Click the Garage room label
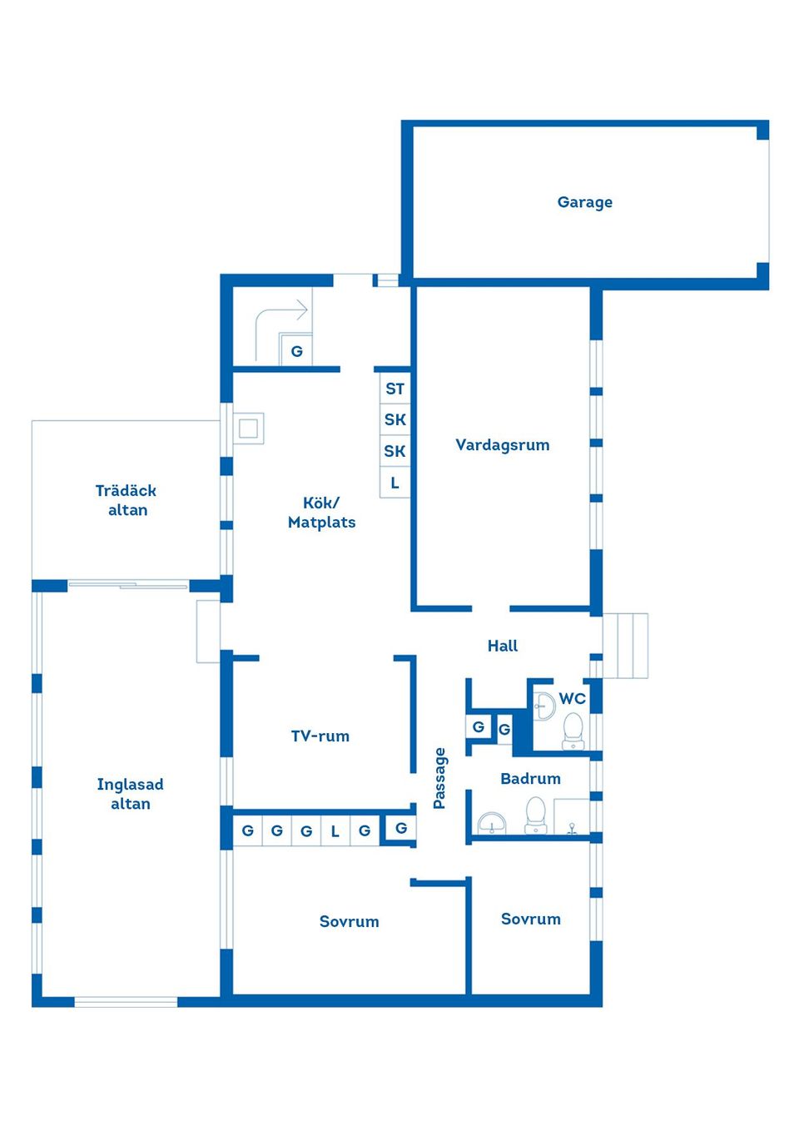click(x=584, y=202)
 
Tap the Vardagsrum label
click(x=502, y=445)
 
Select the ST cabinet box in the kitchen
click(x=395, y=389)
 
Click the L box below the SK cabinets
click(x=395, y=483)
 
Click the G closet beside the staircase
click(x=296, y=351)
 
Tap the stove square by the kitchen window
click(x=248, y=429)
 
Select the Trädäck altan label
click(x=127, y=500)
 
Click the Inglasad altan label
click(x=130, y=794)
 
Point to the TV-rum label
click(x=320, y=736)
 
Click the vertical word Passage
click(x=440, y=778)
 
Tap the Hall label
click(x=502, y=646)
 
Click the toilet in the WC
click(x=573, y=730)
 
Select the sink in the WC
click(x=543, y=706)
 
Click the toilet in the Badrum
click(x=535, y=814)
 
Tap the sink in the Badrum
click(x=492, y=823)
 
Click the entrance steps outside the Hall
click(x=625, y=646)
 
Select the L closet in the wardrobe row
click(x=335, y=830)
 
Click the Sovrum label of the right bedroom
click(x=530, y=919)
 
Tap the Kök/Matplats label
click(x=321, y=513)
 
